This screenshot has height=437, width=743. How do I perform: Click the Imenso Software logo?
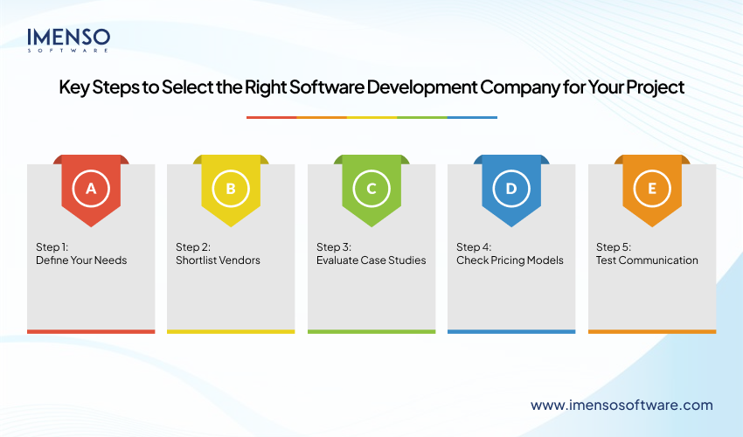[x=68, y=39]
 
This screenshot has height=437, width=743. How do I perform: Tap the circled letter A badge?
[x=91, y=188]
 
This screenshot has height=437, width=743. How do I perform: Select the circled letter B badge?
[x=231, y=188]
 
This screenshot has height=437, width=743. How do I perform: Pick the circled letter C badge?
[x=371, y=188]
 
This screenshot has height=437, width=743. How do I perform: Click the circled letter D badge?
[x=511, y=188]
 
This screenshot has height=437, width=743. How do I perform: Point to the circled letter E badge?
[x=652, y=188]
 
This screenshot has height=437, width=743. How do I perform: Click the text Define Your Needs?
[x=81, y=260]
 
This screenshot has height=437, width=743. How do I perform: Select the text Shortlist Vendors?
[x=218, y=260]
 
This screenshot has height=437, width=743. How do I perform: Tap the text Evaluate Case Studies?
[x=371, y=260]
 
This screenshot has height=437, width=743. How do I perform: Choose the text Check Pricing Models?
[x=510, y=260]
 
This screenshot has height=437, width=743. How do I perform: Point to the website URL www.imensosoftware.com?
[x=621, y=405]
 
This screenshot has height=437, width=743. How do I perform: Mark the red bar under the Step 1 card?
[x=91, y=331]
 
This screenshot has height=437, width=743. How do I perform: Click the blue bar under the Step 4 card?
[x=511, y=331]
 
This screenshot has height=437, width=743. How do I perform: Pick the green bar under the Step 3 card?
[x=371, y=331]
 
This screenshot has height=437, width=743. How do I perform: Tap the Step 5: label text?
[x=613, y=246]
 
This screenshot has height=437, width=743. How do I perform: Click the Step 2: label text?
[x=193, y=246]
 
